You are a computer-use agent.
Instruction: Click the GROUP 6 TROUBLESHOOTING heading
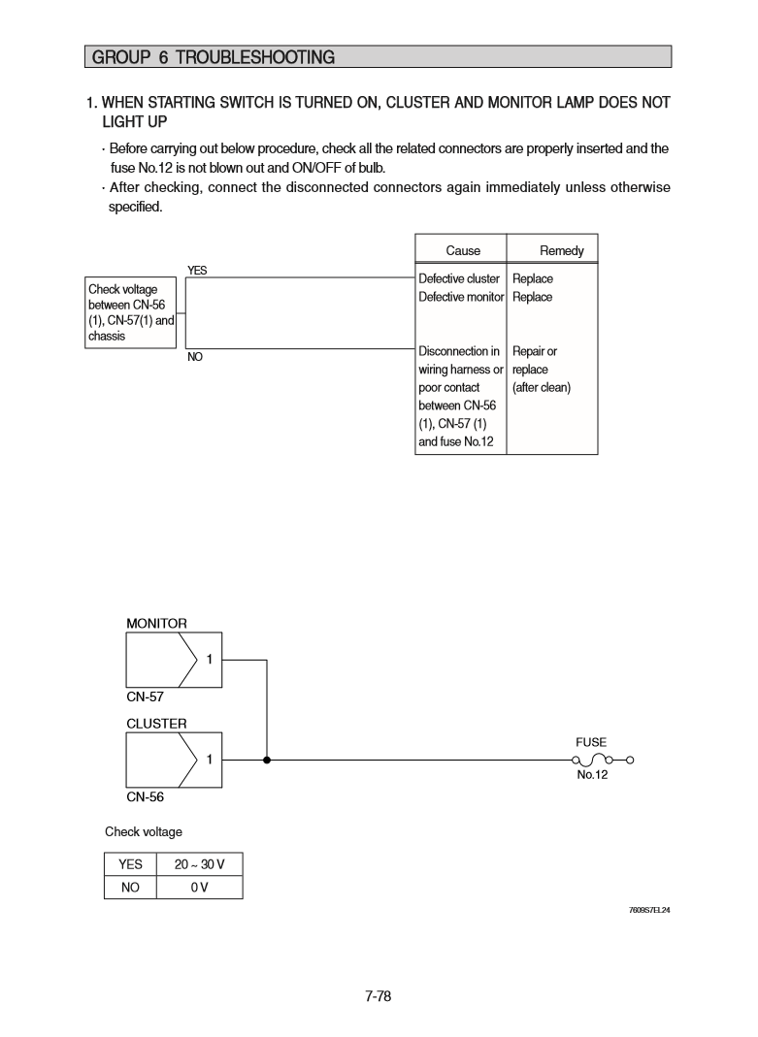pyautogui.click(x=213, y=57)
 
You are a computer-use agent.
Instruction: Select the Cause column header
pyautogui.click(x=463, y=250)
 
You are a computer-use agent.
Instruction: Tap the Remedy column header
pyautogui.click(x=561, y=250)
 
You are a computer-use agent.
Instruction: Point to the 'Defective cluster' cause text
pyautogui.click(x=459, y=278)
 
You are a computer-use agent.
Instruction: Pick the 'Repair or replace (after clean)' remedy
pyautogui.click(x=541, y=370)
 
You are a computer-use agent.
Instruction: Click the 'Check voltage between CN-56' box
pyautogui.click(x=130, y=312)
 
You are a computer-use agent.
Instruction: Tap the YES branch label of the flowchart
pyautogui.click(x=196, y=271)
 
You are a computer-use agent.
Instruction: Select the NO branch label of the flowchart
pyautogui.click(x=195, y=357)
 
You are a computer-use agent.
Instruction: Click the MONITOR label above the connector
pyautogui.click(x=156, y=623)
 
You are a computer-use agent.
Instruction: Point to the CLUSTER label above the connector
pyautogui.click(x=156, y=723)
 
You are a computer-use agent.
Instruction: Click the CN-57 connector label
pyautogui.click(x=145, y=697)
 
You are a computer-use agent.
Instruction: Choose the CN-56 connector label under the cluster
pyautogui.click(x=145, y=796)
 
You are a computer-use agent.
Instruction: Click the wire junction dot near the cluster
pyautogui.click(x=266, y=760)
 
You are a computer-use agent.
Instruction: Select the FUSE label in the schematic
pyautogui.click(x=590, y=742)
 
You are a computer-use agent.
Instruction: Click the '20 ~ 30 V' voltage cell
pyautogui.click(x=199, y=864)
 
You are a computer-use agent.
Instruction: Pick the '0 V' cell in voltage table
pyautogui.click(x=199, y=887)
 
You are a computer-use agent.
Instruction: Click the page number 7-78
pyautogui.click(x=378, y=995)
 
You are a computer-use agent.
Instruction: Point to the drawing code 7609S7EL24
pyautogui.click(x=650, y=911)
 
